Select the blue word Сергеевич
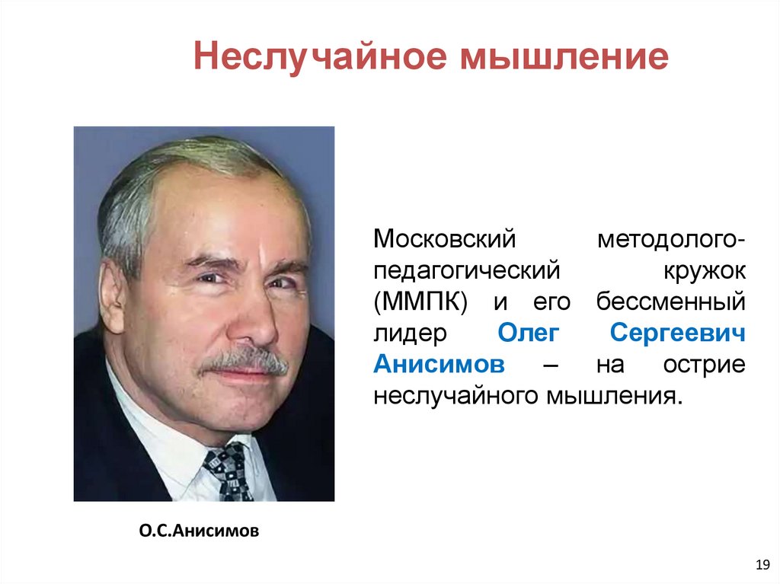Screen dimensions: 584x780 click(677, 333)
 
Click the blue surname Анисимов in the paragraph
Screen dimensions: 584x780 click(440, 365)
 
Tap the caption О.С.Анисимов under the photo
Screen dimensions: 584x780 click(199, 530)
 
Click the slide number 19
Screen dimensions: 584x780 click(760, 564)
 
